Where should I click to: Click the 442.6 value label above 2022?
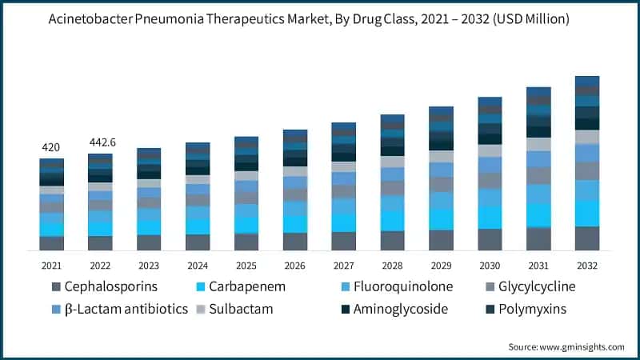click(x=102, y=142)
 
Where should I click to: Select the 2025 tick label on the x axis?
click(x=246, y=266)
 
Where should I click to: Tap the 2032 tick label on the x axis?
click(x=587, y=266)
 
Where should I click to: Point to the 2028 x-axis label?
click(x=393, y=266)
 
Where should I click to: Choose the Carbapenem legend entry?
click(x=248, y=286)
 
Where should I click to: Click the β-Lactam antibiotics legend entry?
click(x=120, y=309)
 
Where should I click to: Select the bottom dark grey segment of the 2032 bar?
click(x=587, y=238)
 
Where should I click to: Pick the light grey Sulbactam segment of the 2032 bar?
click(x=587, y=137)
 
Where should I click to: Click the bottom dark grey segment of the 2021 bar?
click(x=52, y=243)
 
